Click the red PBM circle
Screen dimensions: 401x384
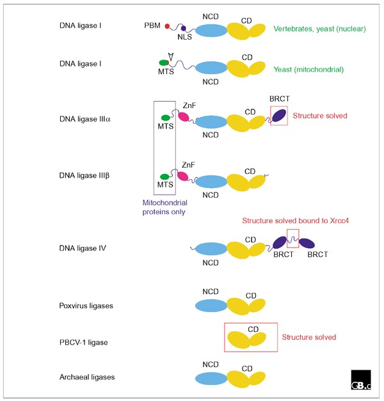(168, 27)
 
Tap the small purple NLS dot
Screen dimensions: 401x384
(184, 29)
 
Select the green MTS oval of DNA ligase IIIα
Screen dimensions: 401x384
(166, 118)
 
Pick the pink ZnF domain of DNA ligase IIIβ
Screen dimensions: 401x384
(184, 177)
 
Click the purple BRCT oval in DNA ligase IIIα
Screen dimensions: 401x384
(279, 115)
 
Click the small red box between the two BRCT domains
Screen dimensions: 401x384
(292, 237)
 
